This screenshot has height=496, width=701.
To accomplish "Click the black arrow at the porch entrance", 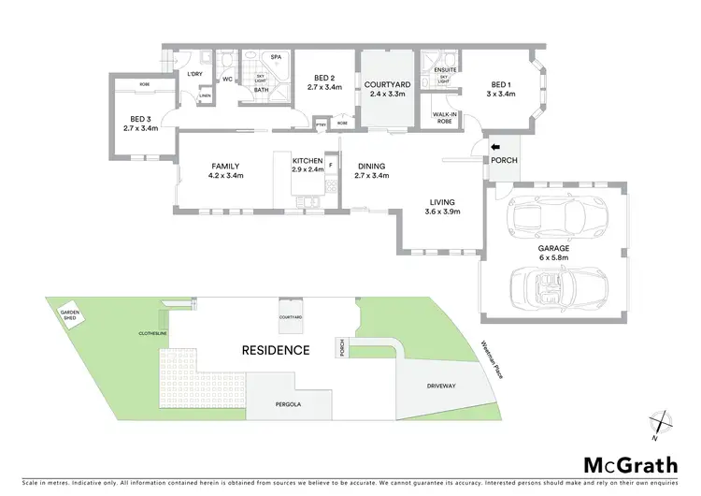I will point(495,146).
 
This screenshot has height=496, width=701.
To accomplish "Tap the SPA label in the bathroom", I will point(277,56).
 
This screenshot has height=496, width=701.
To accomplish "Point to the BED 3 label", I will point(140,118).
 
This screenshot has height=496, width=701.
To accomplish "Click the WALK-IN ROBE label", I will point(443,118).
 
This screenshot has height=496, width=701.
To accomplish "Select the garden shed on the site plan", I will point(71,315).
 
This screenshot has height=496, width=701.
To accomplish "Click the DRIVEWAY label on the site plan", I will point(441,385).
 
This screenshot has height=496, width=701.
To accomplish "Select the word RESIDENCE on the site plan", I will point(275,350).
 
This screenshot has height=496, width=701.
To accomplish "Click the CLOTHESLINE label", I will point(152,332).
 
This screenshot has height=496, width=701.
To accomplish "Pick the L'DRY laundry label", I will point(195,73).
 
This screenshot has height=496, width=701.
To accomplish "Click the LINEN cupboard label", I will point(204,95).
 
